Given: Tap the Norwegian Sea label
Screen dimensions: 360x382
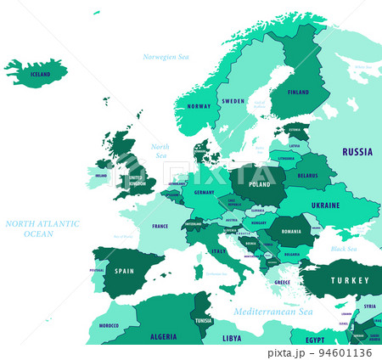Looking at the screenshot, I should click(166, 57).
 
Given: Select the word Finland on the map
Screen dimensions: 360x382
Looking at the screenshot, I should click(298, 92).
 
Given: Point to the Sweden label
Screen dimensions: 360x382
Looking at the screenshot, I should click(233, 101).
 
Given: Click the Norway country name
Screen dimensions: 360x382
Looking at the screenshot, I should click(199, 106).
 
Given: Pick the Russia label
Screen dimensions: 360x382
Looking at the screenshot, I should click(357, 152).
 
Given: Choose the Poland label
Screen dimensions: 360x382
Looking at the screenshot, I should click(259, 183).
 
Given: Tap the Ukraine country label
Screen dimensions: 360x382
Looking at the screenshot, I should click(324, 205).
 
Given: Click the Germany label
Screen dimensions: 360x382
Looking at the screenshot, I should click(205, 193).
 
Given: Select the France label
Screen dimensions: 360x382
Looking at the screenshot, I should click(160, 227).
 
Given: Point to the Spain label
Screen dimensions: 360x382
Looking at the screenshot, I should click(125, 272).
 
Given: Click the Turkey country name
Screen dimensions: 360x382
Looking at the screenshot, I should click(351, 280).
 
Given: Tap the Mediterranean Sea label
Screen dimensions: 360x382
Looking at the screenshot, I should click(273, 312).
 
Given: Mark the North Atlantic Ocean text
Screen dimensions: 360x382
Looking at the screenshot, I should click(42, 228).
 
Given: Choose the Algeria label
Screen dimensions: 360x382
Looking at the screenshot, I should click(163, 337).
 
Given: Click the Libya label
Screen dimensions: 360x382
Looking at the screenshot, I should click(232, 338).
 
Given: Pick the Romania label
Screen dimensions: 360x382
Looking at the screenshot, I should click(291, 231).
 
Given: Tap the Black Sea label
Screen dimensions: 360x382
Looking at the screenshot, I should click(344, 249).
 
